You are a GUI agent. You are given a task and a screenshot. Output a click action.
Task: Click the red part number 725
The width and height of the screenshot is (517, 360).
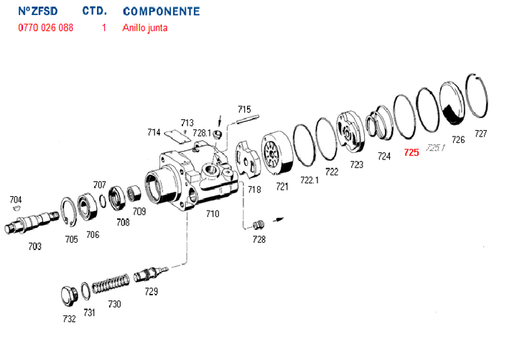[411, 152]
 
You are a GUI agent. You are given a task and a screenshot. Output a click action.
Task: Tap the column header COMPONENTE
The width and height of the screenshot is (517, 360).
[162, 12]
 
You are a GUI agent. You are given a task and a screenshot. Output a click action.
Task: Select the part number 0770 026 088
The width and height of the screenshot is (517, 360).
[45, 28]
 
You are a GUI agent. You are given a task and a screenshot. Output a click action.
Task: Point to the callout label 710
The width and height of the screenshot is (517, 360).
[213, 213]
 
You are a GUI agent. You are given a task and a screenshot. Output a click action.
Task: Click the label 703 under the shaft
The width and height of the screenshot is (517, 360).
[34, 246]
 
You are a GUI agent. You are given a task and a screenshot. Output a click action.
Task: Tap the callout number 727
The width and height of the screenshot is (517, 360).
[480, 134]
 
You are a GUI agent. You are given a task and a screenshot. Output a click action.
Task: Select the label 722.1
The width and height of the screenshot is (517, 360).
[309, 180]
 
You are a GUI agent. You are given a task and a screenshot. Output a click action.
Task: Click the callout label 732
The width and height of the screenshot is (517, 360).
[69, 319]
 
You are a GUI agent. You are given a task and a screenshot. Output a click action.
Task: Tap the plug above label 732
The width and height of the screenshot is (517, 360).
[69, 295]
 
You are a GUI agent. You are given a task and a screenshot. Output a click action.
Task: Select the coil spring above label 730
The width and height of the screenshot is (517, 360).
[112, 282]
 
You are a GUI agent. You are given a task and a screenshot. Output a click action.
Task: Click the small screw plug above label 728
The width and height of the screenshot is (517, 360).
[260, 225]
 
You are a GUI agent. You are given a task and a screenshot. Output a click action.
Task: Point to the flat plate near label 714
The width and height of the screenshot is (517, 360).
[177, 135]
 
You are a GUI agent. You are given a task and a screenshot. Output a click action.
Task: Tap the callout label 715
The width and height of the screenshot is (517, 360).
[244, 110]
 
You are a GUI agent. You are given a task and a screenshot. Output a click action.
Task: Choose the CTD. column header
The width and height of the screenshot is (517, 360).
[95, 12]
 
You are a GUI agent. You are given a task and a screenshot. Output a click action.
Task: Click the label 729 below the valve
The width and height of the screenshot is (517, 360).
[152, 292]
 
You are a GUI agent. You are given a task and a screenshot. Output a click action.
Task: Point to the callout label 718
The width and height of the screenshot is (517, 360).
[254, 189]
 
